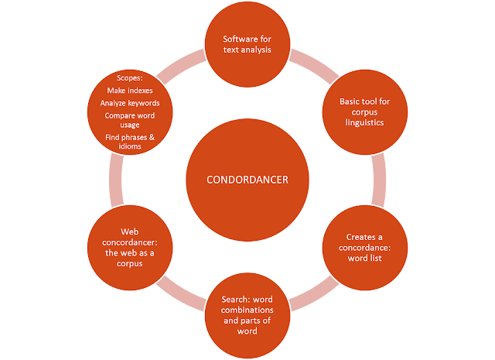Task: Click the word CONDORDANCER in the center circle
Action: click(x=247, y=180)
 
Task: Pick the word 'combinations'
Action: click(x=247, y=310)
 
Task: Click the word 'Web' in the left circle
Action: click(x=129, y=231)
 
